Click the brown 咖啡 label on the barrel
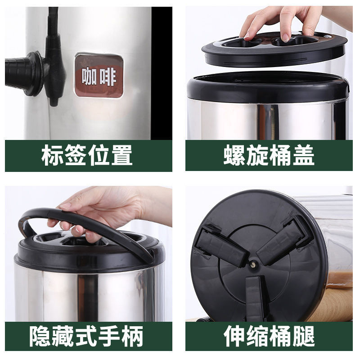tap(99, 76)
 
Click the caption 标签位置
tap(87, 155)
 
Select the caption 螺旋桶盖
tap(269, 155)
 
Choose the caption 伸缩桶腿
tap(269, 336)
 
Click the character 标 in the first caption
tap(52, 155)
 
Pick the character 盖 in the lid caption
tap(303, 155)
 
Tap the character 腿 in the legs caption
tap(303, 336)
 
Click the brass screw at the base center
tap(253, 265)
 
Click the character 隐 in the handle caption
tap(40, 336)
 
